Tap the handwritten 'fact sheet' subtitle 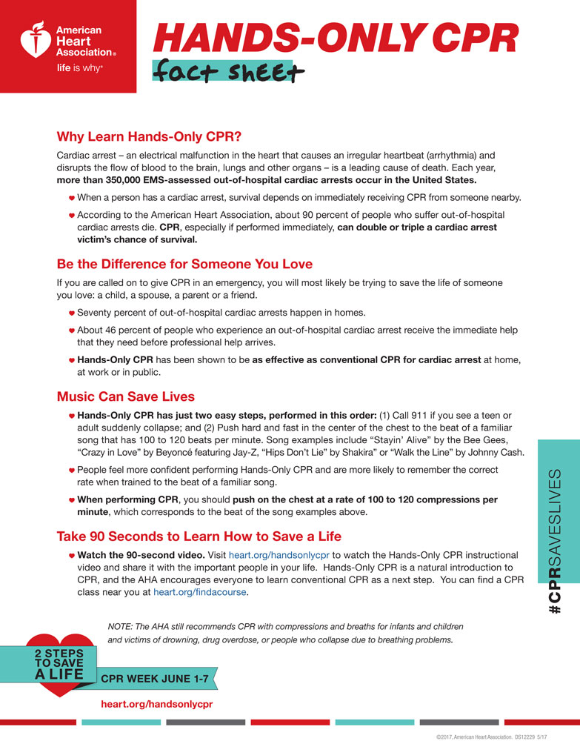point(227,73)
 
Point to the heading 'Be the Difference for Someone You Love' point(184,264)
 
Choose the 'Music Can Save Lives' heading point(126,396)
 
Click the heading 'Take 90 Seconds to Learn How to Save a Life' point(199,536)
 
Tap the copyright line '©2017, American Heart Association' point(481,734)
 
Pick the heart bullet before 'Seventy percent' point(72,313)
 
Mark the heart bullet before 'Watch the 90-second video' point(72,555)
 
